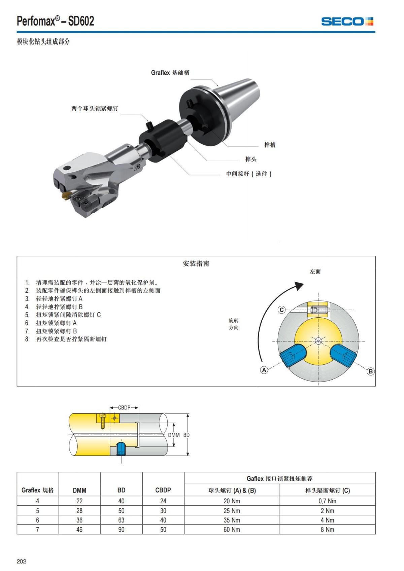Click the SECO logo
[x=347, y=22]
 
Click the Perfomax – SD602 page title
[x=56, y=21]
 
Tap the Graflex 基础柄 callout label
[x=170, y=73]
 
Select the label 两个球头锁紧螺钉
[x=95, y=108]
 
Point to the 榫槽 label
[x=270, y=145]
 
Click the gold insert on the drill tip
[x=65, y=196]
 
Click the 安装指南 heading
[x=196, y=263]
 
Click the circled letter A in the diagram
[x=264, y=370]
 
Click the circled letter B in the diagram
[x=371, y=371]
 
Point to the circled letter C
[x=281, y=310]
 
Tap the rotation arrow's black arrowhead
[x=298, y=286]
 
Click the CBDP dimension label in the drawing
[x=124, y=407]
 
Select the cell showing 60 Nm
[x=232, y=529]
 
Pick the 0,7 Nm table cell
[x=327, y=501]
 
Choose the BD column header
[x=121, y=490]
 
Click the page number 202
[x=22, y=561]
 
